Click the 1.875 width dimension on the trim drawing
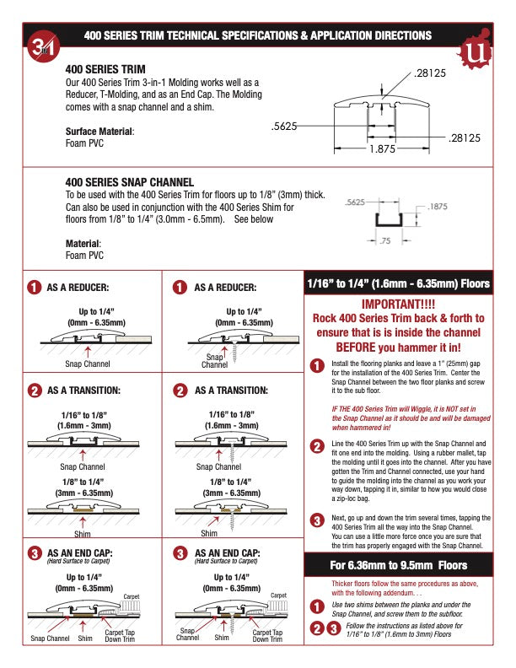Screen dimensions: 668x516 pos(382,150)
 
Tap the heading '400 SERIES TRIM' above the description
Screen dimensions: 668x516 pos(105,68)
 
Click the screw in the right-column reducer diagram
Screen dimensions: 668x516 pos(230,348)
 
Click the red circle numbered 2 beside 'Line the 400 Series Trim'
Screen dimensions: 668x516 pos(317,446)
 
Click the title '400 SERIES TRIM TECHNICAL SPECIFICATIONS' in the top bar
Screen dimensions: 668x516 pos(258,35)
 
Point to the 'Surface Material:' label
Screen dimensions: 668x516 pos(99,132)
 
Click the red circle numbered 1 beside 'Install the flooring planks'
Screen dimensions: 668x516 pos(317,366)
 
